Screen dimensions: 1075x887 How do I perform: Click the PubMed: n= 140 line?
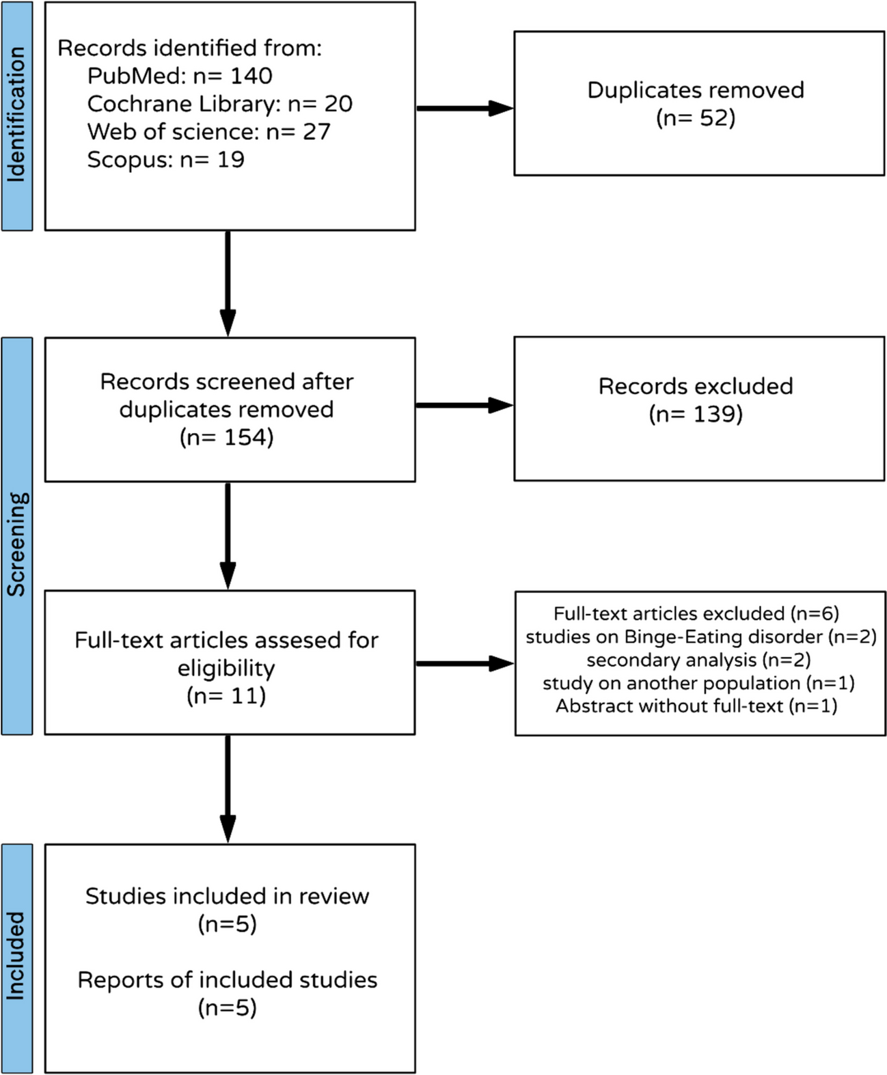click(180, 76)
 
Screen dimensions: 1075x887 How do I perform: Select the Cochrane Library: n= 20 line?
click(219, 104)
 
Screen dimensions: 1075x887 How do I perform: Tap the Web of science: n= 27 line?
click(208, 132)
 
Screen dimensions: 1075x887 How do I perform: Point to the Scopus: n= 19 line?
click(165, 160)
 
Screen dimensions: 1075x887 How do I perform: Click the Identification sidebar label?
click(16, 115)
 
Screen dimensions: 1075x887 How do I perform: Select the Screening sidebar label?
click(16, 543)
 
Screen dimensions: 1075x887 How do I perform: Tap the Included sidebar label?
click(16, 956)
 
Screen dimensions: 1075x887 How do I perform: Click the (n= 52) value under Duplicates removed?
click(696, 118)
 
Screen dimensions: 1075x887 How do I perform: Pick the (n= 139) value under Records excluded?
click(696, 414)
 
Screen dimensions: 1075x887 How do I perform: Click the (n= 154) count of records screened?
click(227, 437)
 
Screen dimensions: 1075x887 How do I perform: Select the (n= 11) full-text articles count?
click(226, 696)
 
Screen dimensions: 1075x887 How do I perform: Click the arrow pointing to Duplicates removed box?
click(465, 108)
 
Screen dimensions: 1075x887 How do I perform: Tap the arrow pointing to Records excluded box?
click(465, 406)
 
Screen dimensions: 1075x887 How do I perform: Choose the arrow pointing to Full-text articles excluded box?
click(465, 663)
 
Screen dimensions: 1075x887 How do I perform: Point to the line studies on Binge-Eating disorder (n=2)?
click(700, 637)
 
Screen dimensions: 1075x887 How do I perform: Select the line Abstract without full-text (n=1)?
click(696, 706)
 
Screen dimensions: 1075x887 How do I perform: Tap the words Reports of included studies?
click(227, 980)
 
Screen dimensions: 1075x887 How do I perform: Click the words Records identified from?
click(189, 48)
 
